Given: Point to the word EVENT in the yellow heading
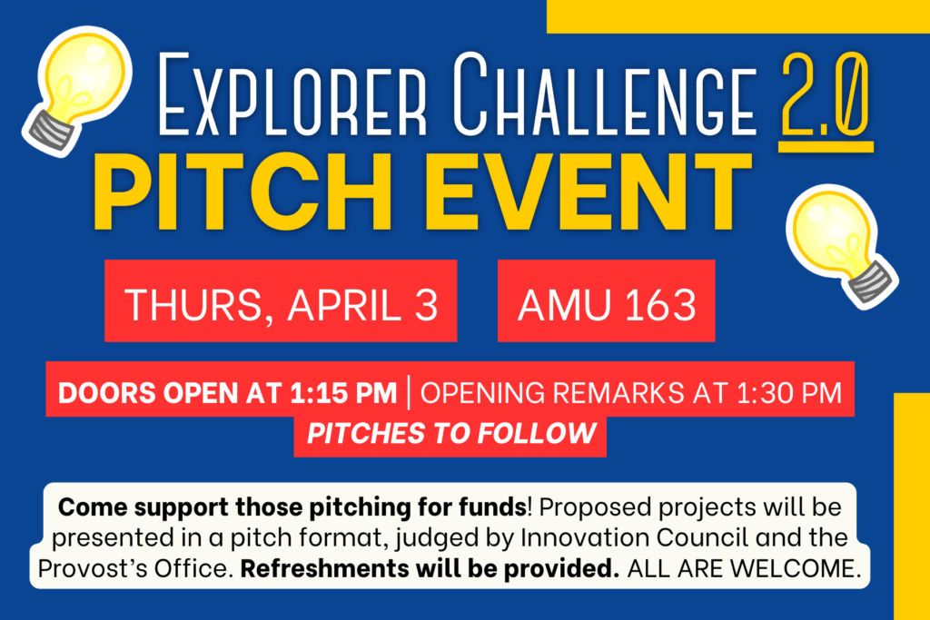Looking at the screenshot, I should pyautogui.click(x=581, y=192).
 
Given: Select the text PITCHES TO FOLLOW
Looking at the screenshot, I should pyautogui.click(x=450, y=433).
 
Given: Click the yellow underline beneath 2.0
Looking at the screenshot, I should pyautogui.click(x=826, y=143).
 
